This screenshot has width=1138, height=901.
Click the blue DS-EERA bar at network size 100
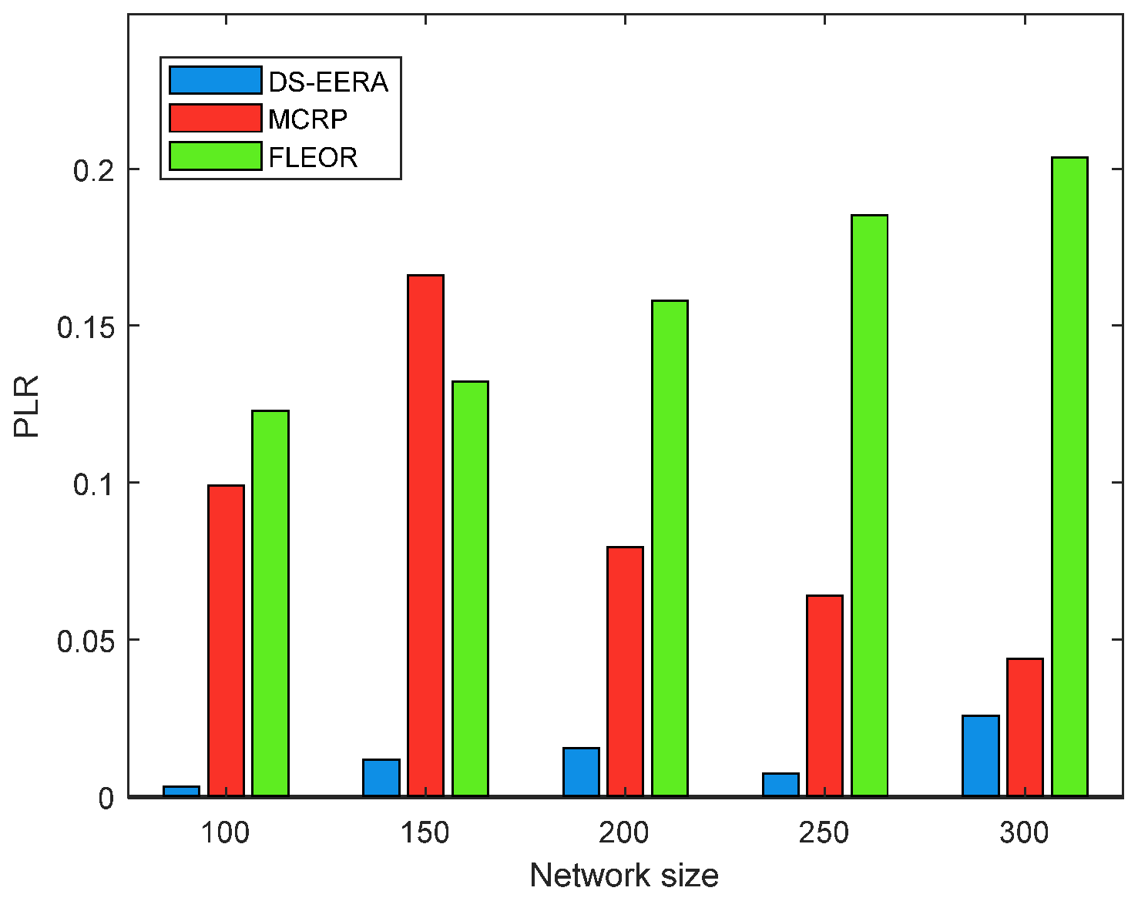pos(181,791)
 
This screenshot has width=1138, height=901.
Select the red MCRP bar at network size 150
pos(425,535)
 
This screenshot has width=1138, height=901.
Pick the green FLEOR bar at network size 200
pos(670,548)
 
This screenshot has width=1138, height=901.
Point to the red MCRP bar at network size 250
pos(824,695)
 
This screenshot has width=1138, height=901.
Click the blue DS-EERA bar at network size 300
pos(980,755)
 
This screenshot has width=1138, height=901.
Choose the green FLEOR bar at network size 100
pos(270,603)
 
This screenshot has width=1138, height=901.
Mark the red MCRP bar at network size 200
pos(625,671)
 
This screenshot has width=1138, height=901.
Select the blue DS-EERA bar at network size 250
pos(780,784)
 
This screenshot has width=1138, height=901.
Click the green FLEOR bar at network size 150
pos(470,588)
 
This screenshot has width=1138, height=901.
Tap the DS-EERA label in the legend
pos(328,81)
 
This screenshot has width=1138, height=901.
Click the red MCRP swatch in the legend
pos(215,119)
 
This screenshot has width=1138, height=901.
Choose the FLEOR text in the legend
pos(313,157)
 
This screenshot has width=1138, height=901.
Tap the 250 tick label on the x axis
pos(824,832)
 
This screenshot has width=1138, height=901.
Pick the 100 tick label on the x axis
pos(225,832)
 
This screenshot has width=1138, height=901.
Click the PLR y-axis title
pos(27,406)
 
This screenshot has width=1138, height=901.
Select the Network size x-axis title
pos(624,876)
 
